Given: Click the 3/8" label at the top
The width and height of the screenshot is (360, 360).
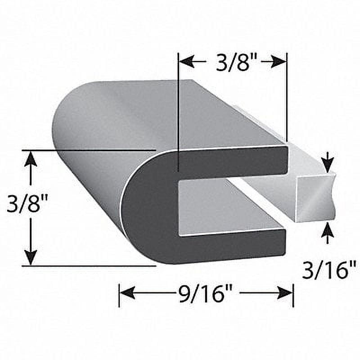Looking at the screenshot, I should coord(233,63).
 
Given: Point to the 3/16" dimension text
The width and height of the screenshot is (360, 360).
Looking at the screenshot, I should coord(329,271).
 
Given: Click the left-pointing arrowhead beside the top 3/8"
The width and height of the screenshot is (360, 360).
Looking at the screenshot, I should coord(186,61).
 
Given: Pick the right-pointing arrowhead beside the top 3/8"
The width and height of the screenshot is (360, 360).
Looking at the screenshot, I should coord(279,62).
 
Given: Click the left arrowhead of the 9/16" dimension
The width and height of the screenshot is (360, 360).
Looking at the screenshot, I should coord(127,293).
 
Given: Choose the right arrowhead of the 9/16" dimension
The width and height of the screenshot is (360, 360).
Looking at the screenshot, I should coord(285,293).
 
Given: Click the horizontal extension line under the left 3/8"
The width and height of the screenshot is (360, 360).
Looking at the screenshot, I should coord(90,266).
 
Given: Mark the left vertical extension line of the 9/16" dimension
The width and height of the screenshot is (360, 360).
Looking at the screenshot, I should coord(119,295).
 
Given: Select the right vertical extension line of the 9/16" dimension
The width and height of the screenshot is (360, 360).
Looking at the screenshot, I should coord(293,295).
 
